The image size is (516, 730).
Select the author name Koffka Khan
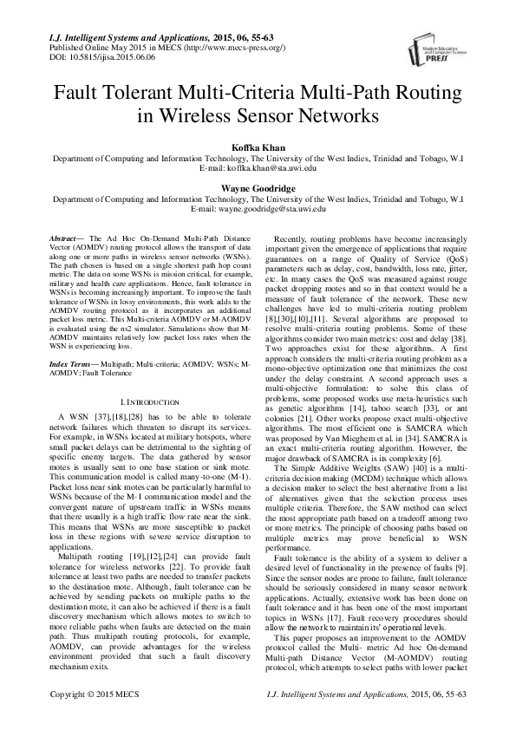[257, 148]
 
